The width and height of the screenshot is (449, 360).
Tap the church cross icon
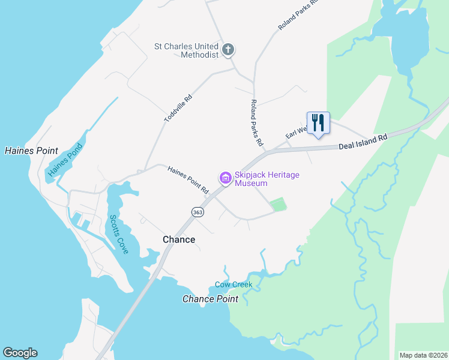coord(228,50)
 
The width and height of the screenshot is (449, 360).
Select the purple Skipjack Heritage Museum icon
coord(226,178)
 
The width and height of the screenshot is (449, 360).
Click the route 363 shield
coord(197,212)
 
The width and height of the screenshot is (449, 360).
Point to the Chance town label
coord(179,239)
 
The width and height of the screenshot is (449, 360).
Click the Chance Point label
coord(206,299)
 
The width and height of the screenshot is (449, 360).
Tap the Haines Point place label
coord(31,151)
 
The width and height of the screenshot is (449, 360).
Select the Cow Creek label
coord(234,284)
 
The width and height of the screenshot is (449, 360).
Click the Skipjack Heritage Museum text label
coord(267,179)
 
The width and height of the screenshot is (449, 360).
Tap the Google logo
coord(20,353)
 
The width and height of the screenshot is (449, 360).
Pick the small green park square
coord(278,205)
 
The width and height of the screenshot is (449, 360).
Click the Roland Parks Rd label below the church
coord(257,123)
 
